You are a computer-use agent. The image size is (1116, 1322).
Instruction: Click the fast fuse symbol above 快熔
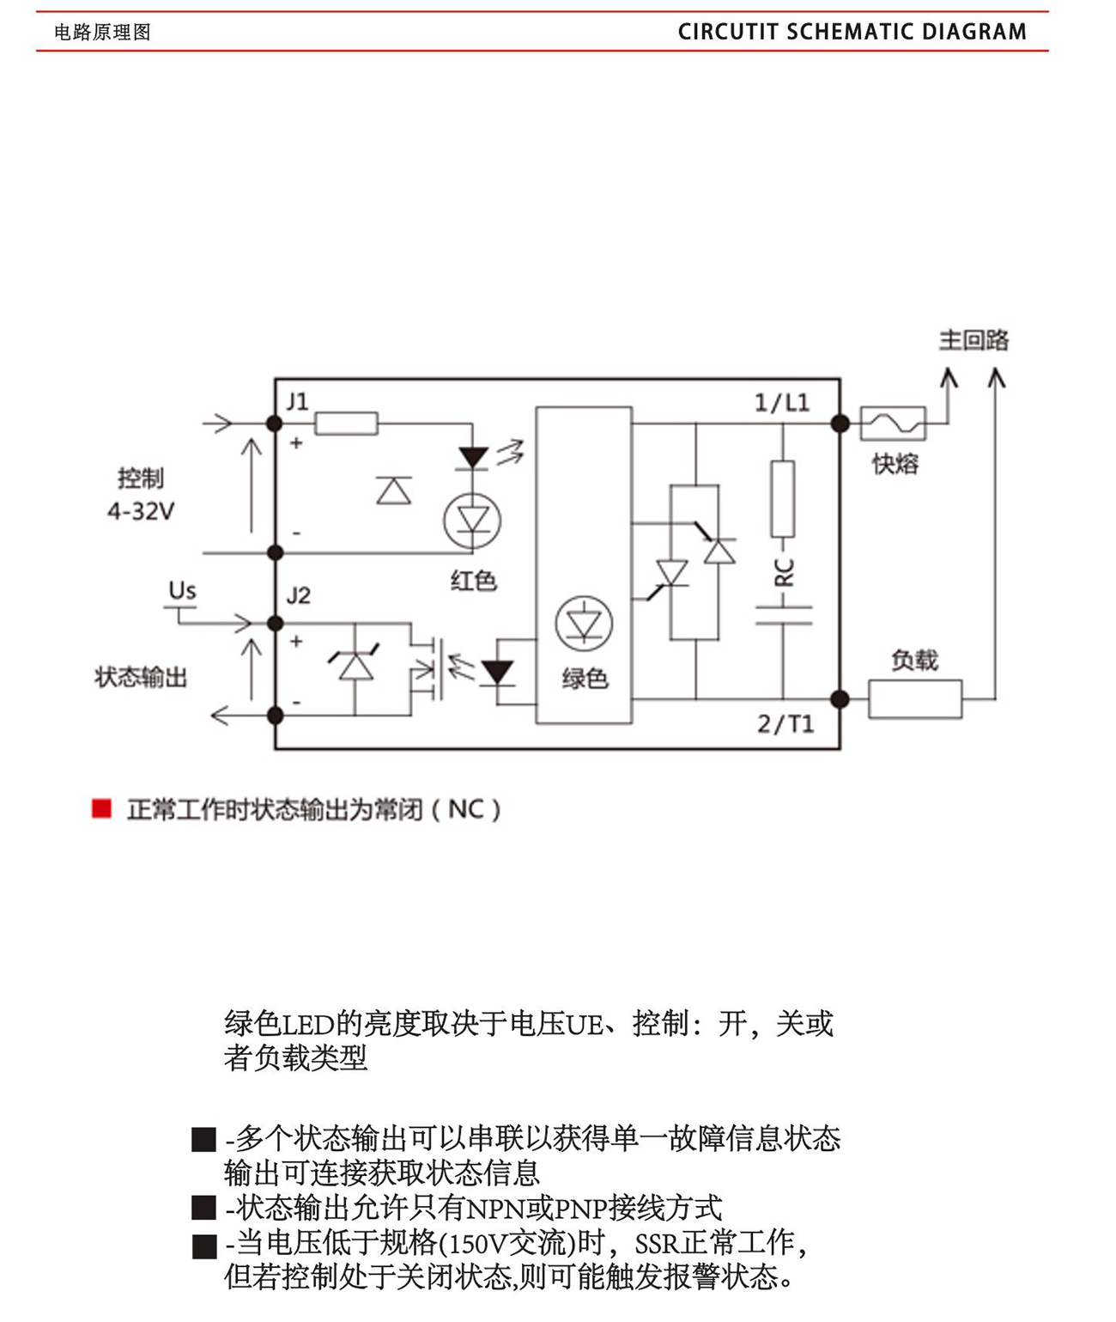(x=893, y=423)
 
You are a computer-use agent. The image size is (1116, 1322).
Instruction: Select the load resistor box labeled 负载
(x=915, y=699)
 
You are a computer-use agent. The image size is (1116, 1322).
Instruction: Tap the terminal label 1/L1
(x=781, y=402)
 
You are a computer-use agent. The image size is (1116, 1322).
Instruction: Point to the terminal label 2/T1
(x=785, y=724)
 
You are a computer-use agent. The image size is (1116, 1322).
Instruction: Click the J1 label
(x=297, y=401)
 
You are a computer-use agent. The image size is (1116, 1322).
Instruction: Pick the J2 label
(x=298, y=595)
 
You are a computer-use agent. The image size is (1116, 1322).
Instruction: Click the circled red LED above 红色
(x=472, y=521)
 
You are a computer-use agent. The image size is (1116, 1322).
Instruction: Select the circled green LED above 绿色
(x=584, y=623)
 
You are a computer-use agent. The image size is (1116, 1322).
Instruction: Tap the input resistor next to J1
(x=346, y=423)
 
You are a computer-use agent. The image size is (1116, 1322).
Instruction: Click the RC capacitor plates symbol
(x=783, y=615)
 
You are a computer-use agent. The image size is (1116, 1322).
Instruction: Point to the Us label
(x=182, y=591)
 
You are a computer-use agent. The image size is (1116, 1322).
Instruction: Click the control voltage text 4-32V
(x=141, y=512)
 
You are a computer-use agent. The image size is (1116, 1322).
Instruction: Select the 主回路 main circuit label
(x=973, y=340)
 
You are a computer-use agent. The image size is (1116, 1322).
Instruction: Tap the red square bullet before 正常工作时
(x=101, y=809)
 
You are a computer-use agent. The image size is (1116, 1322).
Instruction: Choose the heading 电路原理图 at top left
(x=102, y=33)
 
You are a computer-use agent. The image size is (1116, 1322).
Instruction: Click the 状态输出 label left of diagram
(x=141, y=678)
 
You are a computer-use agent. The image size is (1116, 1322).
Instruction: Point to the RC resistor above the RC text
(x=783, y=499)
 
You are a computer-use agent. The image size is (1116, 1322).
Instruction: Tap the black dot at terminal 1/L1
(x=840, y=423)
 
